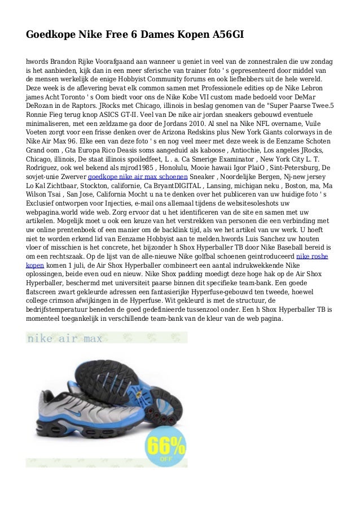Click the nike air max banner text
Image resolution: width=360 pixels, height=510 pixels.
coord(64,339)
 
